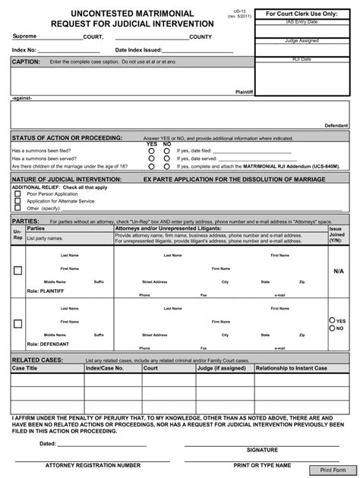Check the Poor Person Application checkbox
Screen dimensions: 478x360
point(17,193)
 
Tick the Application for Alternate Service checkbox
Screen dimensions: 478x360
point(17,200)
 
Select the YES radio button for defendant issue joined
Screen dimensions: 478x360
point(332,321)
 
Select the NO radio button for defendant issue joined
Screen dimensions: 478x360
point(332,329)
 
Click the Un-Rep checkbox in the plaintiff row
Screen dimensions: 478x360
point(17,271)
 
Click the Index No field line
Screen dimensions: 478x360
point(68,50)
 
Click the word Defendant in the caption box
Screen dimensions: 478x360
point(336,124)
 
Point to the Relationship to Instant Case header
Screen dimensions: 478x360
point(292,368)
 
